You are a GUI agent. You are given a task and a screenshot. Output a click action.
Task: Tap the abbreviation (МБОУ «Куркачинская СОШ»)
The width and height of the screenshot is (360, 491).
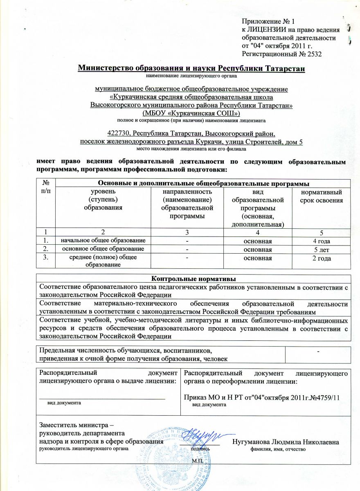[x=191, y=113]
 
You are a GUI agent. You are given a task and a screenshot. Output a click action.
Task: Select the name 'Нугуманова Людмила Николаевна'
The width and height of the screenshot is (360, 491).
[x=285, y=442]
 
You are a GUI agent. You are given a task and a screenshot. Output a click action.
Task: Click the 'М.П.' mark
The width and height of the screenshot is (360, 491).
[x=198, y=461]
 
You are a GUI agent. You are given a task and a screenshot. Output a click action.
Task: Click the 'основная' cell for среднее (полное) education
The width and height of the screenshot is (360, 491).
[x=256, y=258]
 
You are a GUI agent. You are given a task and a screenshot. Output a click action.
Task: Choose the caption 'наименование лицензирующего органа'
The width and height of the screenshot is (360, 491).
[x=191, y=76]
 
